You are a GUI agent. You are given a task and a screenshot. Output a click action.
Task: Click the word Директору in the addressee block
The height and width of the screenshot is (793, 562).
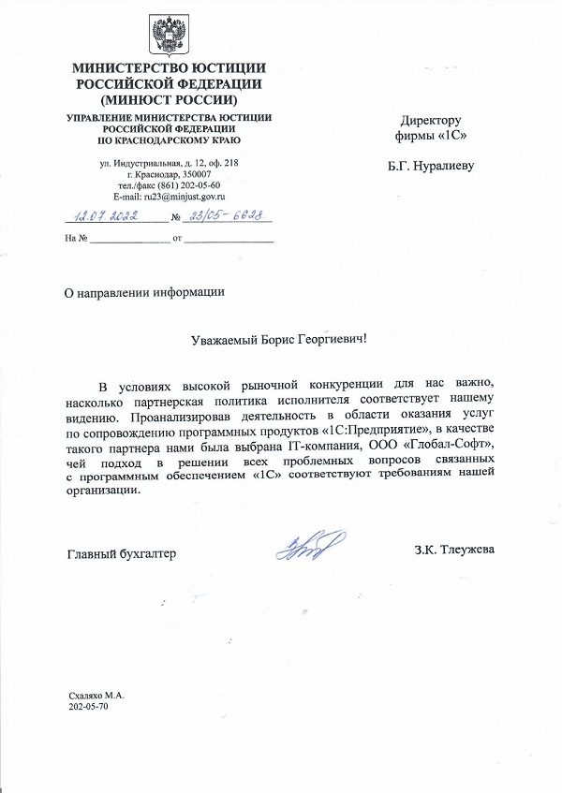coord(432,121)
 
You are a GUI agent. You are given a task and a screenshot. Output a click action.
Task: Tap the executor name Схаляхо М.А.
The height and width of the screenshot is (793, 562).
coord(96,697)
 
